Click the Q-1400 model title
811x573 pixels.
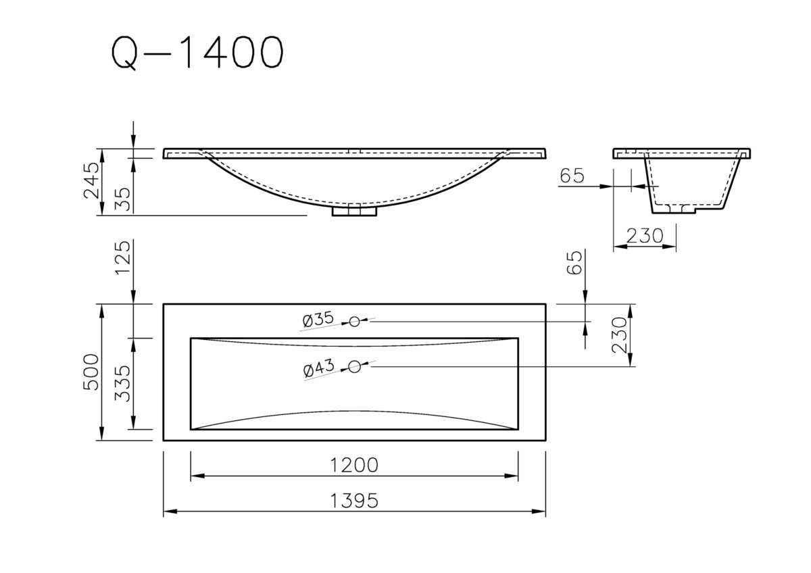point(195,52)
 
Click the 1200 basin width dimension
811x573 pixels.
point(354,466)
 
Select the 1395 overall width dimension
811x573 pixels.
point(354,501)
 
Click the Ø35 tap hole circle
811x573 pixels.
point(355,322)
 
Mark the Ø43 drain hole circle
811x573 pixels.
point(355,367)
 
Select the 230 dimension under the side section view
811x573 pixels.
point(643,236)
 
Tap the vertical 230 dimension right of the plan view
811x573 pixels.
point(621,335)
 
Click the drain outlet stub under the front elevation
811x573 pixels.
point(354,211)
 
